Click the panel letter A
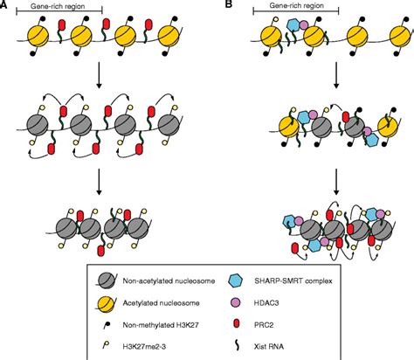coord(7,5)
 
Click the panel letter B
coord(229,5)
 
